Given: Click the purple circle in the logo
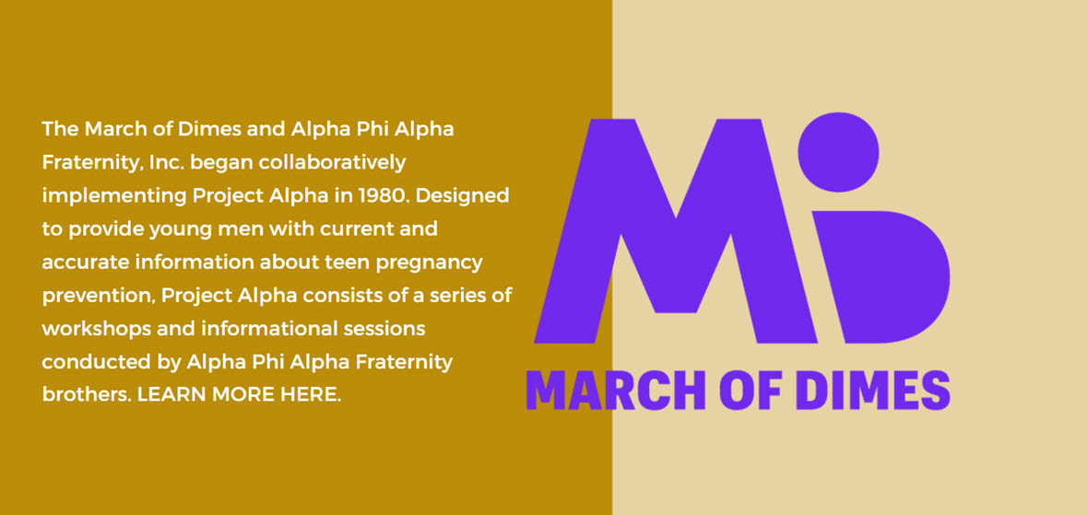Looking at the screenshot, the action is (x=838, y=152).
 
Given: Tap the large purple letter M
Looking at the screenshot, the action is (x=675, y=231).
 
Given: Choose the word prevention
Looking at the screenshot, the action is (x=98, y=296).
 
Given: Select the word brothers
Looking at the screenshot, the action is (x=87, y=395).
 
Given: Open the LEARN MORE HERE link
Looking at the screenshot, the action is (x=240, y=395).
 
